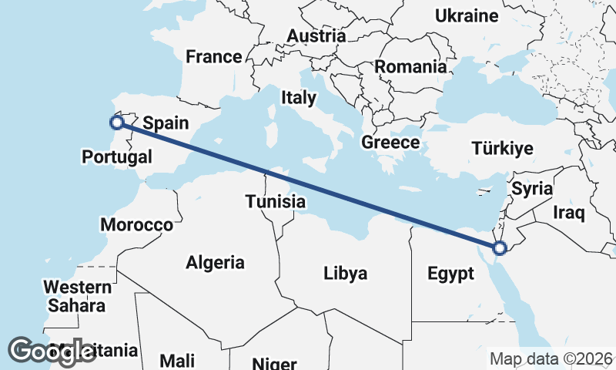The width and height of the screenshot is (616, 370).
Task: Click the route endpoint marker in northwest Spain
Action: tap(116, 122)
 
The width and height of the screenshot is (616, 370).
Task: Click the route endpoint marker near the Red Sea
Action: tap(500, 248)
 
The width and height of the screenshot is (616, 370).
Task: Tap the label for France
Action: tap(213, 56)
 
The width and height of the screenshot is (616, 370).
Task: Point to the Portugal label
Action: tap(116, 156)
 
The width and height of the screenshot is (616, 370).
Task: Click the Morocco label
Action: tap(137, 225)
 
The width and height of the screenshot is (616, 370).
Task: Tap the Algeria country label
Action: tap(215, 262)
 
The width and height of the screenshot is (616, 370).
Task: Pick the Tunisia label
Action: tap(276, 201)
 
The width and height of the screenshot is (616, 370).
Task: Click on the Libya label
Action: tap(345, 273)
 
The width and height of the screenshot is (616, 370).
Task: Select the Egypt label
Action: tap(450, 274)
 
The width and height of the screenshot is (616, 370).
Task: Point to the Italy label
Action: tap(298, 98)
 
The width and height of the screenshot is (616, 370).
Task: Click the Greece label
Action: tap(390, 143)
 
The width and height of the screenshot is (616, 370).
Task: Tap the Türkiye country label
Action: tap(502, 149)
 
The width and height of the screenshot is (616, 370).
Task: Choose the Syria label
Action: tap(532, 188)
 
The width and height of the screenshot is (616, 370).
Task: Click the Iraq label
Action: tap(571, 210)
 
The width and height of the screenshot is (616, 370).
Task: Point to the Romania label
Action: tap(410, 67)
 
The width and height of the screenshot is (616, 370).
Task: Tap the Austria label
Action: tap(316, 35)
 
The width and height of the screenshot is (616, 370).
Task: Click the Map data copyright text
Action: tap(551, 358)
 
